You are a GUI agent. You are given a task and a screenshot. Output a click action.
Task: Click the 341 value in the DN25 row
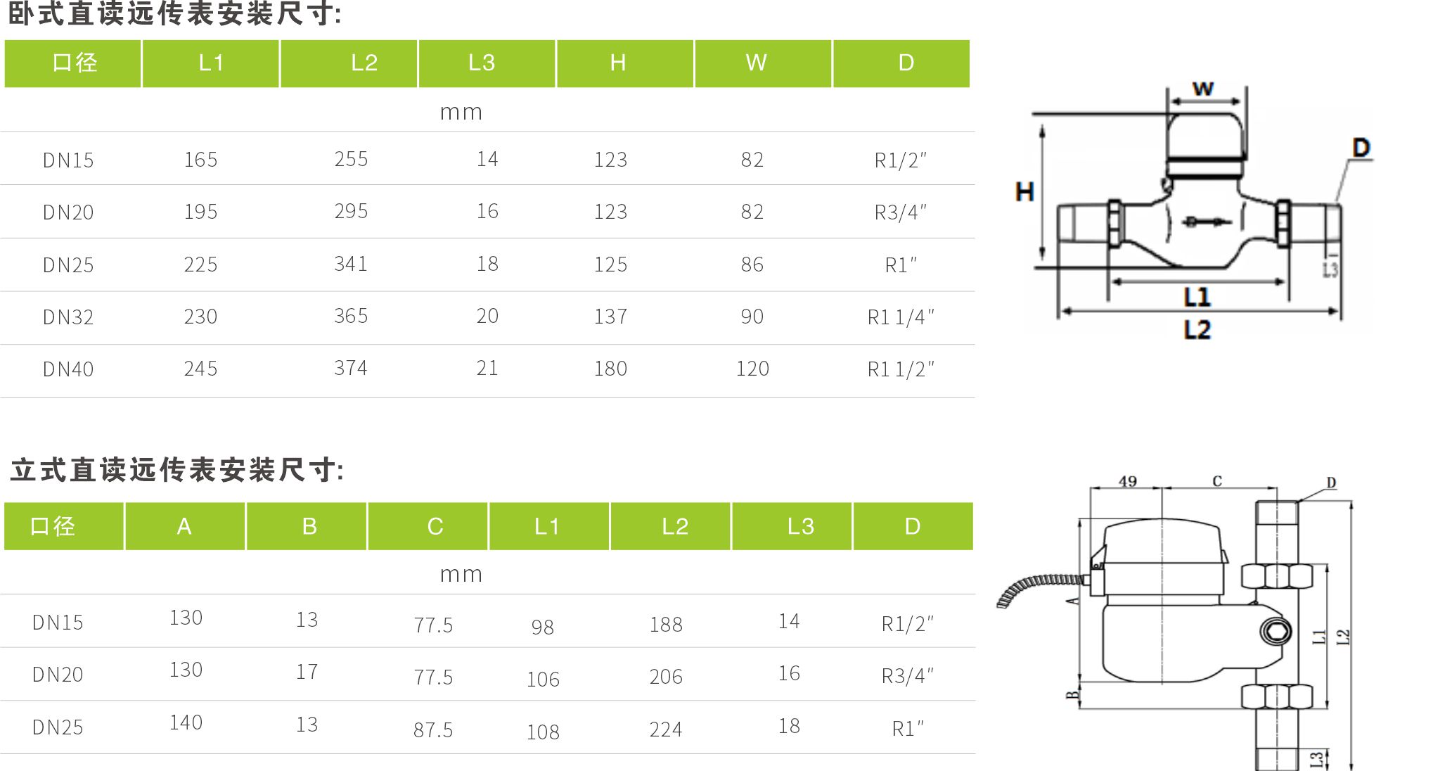click(351, 264)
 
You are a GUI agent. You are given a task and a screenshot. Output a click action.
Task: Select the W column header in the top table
click(757, 63)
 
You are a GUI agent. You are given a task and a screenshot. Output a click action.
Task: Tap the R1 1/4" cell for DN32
click(901, 317)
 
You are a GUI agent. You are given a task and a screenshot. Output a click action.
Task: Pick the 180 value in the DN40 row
click(610, 369)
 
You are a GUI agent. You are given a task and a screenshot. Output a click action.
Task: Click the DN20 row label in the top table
click(68, 212)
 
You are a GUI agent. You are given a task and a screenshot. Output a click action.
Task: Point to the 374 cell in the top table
click(351, 368)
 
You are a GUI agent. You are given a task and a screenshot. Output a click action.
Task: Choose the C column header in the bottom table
click(435, 526)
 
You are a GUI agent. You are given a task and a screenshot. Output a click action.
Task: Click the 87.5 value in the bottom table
click(433, 730)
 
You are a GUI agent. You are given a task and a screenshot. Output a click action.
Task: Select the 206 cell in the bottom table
click(666, 677)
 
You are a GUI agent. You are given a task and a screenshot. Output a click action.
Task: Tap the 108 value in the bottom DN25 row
click(544, 732)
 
